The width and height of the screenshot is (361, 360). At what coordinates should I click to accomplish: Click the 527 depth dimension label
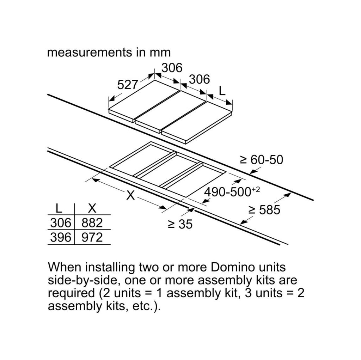[x=127, y=85]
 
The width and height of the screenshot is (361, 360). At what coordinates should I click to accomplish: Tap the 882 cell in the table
[x=92, y=223]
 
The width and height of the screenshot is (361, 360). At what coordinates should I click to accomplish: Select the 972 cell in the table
[x=92, y=237]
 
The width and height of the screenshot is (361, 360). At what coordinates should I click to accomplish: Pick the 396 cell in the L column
[x=61, y=237]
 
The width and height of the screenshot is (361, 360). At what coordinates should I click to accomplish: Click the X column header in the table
[x=92, y=208]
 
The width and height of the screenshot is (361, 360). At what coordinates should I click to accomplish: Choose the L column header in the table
[x=59, y=208]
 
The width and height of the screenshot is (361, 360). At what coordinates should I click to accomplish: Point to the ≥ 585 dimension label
[x=264, y=210]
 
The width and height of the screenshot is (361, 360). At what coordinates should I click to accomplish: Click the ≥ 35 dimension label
[x=180, y=224]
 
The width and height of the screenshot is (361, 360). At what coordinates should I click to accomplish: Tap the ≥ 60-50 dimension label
[x=262, y=160]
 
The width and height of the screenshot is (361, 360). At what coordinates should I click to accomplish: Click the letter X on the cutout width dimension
[x=130, y=196]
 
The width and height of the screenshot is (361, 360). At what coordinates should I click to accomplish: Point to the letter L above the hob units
[x=222, y=91]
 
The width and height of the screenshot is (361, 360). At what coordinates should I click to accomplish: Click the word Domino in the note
[x=233, y=267]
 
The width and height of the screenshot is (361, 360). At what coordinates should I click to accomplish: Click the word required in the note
[x=71, y=293]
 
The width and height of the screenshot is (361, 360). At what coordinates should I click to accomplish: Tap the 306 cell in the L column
[x=61, y=223]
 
